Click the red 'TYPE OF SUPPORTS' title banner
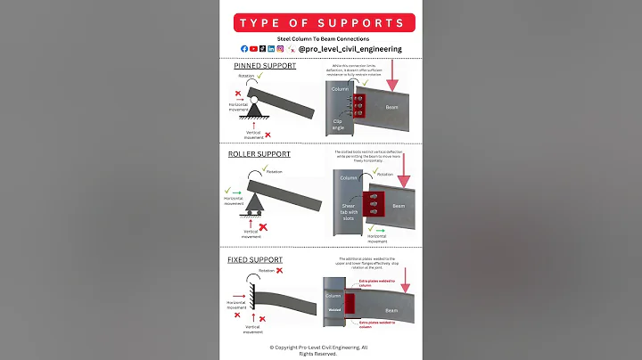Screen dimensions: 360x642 pos(320,22)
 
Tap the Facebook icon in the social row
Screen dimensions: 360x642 pos(244,49)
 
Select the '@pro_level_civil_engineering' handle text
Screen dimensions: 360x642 pos(350,49)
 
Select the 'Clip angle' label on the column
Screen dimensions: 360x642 pos(339,123)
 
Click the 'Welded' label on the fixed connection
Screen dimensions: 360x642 pos(333,311)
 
